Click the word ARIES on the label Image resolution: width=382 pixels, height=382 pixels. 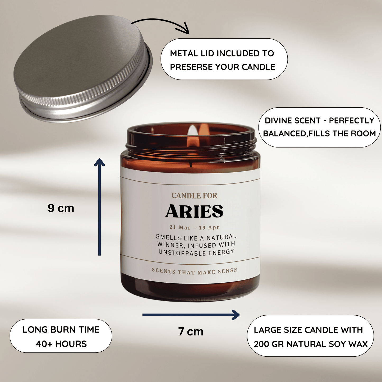coord(194,211)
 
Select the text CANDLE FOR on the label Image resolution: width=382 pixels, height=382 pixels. coord(194,196)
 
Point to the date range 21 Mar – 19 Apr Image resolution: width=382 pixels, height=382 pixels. coord(194,227)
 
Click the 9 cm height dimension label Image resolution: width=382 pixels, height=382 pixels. coord(61,208)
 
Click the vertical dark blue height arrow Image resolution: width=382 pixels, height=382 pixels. coord(99,207)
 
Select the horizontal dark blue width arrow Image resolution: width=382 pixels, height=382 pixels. coord(191,315)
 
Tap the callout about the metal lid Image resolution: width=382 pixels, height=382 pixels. coord(224,59)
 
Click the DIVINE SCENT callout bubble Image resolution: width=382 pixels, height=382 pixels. coord(319,127)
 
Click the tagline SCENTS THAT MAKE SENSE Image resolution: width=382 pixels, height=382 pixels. coord(195,271)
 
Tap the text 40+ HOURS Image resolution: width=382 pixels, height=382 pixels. coord(61,344)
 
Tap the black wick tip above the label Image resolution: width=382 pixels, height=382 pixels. coord(191,164)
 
